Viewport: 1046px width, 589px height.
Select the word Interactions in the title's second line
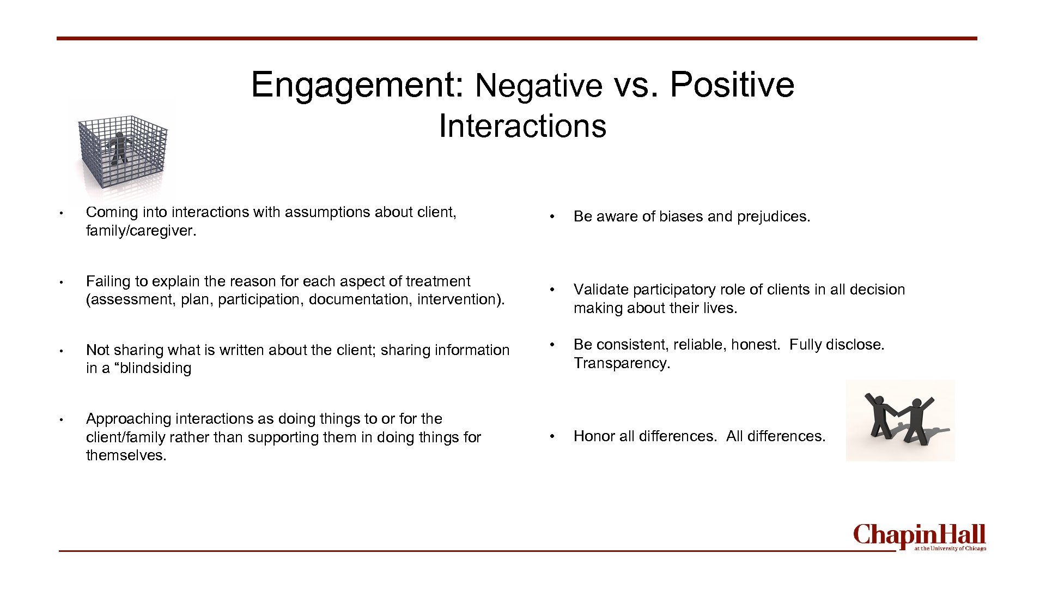coord(522,126)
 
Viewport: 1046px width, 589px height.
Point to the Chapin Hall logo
coord(919,537)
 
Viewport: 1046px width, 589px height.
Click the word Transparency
coord(621,363)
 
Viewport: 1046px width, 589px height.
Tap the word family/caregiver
coord(141,231)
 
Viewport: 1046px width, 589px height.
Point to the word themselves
coord(126,455)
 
